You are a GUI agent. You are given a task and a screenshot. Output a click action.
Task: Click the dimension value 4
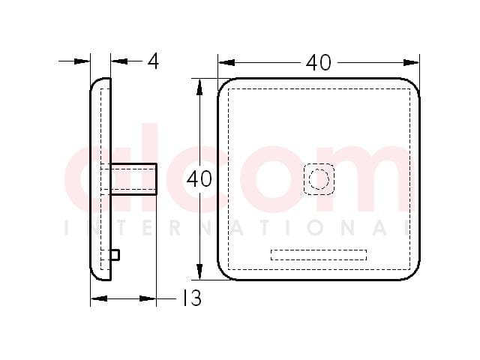(153, 61)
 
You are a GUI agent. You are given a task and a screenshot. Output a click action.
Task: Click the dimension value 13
(192, 298)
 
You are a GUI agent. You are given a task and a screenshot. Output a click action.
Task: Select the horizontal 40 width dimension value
(318, 63)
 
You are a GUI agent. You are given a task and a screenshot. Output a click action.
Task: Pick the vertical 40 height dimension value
(199, 179)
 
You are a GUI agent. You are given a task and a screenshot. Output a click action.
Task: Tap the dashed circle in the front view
(319, 179)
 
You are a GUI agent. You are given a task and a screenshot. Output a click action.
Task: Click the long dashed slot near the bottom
(319, 255)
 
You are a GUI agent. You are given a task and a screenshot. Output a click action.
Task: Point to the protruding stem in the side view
(133, 179)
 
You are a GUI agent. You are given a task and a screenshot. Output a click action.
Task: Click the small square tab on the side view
(115, 255)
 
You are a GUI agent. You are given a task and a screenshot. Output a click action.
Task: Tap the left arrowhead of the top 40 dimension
(226, 63)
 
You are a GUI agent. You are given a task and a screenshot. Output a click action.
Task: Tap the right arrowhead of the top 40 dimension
(411, 63)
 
